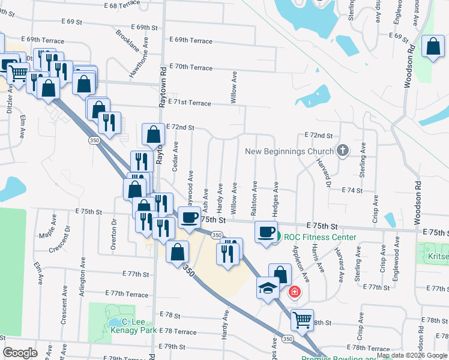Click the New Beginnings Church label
pos(289,151)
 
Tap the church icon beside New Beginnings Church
pos(343,151)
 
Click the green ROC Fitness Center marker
pos(276,238)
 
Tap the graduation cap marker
pos(268,289)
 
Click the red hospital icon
pos(294,292)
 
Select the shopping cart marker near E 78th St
pos(302,319)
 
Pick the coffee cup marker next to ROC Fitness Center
pos(265,232)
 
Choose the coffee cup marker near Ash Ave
pos(190,218)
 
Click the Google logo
pos(20,353)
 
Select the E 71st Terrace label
pos(190,103)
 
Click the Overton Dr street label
pos(113,230)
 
